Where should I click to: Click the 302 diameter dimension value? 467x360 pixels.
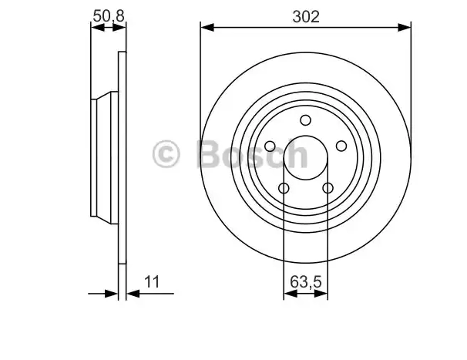(x=306, y=17)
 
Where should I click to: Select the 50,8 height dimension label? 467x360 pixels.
(x=109, y=16)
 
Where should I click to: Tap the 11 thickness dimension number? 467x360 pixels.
(x=152, y=281)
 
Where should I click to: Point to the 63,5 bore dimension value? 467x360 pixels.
(x=306, y=281)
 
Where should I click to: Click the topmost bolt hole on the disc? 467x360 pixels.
(x=306, y=120)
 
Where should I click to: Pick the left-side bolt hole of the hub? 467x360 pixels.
(x=270, y=146)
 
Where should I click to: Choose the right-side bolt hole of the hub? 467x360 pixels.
(x=341, y=146)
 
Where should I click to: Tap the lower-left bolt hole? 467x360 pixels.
(x=284, y=188)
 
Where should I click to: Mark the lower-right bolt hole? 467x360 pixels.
(x=328, y=188)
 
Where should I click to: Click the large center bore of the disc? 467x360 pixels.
(x=306, y=158)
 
